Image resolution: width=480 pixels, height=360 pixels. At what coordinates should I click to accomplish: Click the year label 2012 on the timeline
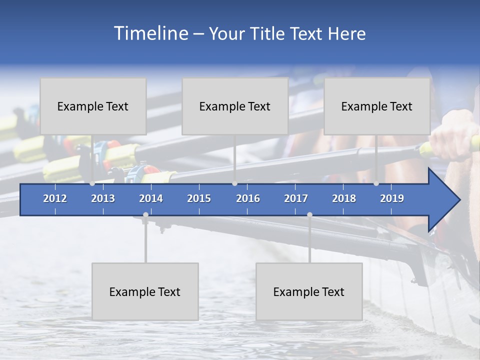(x=55, y=198)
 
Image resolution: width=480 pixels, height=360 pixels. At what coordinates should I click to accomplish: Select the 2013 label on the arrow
(x=103, y=198)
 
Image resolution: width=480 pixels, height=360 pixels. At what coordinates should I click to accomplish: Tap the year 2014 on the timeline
(x=151, y=198)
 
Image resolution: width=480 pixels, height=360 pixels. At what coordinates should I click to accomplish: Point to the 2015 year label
(x=199, y=198)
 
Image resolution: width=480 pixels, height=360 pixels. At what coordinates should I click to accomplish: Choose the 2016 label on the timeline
(x=248, y=198)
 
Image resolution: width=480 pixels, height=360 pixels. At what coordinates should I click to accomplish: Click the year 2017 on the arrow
(x=296, y=198)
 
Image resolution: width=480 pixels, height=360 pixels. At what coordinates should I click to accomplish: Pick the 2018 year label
(x=344, y=198)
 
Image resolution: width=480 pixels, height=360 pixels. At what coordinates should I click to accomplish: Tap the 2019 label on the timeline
(x=392, y=198)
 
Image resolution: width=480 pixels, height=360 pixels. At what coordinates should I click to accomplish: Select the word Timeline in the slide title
(x=150, y=33)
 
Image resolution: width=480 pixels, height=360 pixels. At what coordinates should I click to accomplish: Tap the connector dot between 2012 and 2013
(x=92, y=183)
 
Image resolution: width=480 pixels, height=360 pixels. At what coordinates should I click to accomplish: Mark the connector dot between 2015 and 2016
(x=234, y=183)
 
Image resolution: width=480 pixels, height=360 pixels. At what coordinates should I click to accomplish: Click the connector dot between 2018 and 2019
(x=376, y=183)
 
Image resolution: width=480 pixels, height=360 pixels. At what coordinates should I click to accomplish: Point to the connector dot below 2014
(x=145, y=215)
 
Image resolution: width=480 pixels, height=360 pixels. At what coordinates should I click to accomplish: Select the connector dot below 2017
(x=309, y=215)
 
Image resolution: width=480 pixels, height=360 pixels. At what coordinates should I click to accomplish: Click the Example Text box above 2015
(x=235, y=106)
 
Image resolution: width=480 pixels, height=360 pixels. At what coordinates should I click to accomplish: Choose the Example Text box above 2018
(x=377, y=106)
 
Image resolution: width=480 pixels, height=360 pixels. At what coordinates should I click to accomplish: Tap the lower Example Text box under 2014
(x=145, y=291)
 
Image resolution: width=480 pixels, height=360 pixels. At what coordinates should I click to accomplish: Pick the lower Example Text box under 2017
(x=309, y=291)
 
